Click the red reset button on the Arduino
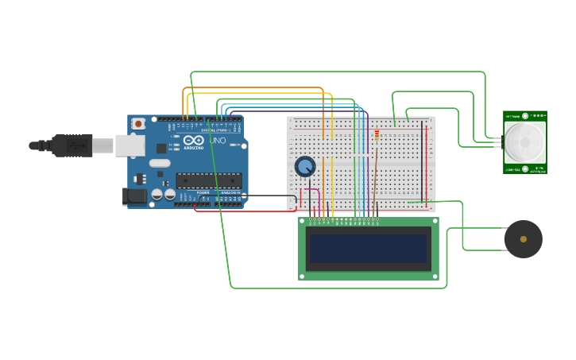point(138,123)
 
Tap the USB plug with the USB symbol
point(72,145)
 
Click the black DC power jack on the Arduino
point(135,195)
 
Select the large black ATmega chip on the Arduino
point(208,180)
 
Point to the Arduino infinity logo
point(193,141)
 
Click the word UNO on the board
point(217,141)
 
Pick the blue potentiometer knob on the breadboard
point(305,166)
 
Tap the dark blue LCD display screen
point(369,249)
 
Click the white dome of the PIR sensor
point(524,141)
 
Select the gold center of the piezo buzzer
point(523,239)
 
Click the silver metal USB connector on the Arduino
point(130,145)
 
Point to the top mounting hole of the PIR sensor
point(525,116)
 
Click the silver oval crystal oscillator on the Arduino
point(160,163)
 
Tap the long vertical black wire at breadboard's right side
point(422,159)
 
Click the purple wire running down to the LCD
point(367,175)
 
